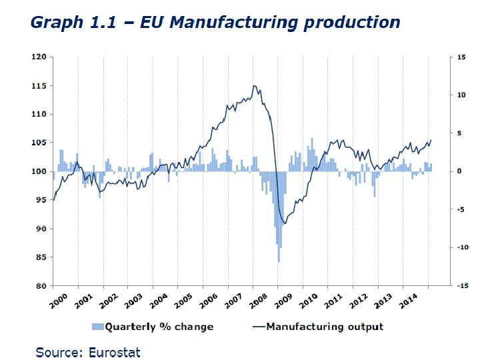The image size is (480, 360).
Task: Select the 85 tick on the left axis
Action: (x=39, y=257)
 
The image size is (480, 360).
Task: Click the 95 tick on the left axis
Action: (x=39, y=200)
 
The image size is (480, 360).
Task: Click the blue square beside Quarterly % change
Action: (x=97, y=327)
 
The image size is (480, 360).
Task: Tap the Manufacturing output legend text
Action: (x=325, y=327)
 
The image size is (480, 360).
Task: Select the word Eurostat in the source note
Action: (x=115, y=351)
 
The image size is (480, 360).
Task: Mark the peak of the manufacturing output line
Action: (x=254, y=85)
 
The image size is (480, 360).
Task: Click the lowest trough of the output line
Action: (x=285, y=223)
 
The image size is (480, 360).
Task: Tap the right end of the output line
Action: (x=431, y=140)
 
